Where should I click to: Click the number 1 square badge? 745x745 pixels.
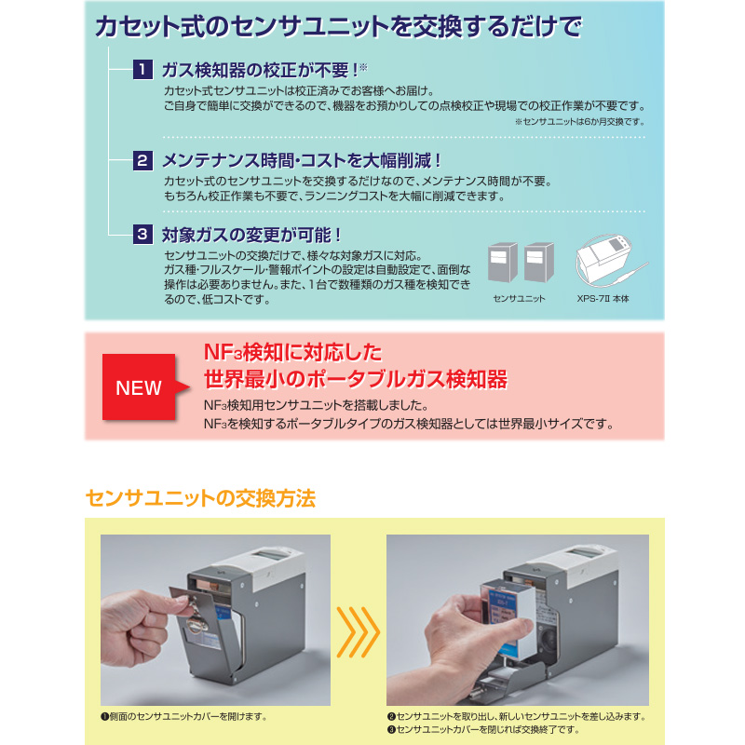(142, 70)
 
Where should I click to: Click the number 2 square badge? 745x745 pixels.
(142, 160)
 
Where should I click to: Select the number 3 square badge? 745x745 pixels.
(142, 235)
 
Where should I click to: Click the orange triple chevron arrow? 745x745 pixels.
(359, 632)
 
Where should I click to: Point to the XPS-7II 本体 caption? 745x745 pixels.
(603, 299)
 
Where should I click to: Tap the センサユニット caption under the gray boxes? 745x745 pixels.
(519, 299)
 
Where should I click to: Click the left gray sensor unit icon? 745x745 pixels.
(503, 263)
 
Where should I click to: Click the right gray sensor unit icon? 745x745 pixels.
(539, 263)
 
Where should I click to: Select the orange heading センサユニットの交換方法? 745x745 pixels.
(200, 498)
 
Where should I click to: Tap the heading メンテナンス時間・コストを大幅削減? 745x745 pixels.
(302, 160)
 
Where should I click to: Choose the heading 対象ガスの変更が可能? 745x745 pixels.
(251, 235)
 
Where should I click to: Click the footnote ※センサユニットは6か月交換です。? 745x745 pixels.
(580, 122)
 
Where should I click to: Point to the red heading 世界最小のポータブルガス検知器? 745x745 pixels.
(356, 380)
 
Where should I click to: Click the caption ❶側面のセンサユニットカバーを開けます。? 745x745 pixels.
(184, 716)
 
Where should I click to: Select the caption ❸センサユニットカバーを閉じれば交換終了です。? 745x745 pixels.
(483, 729)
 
